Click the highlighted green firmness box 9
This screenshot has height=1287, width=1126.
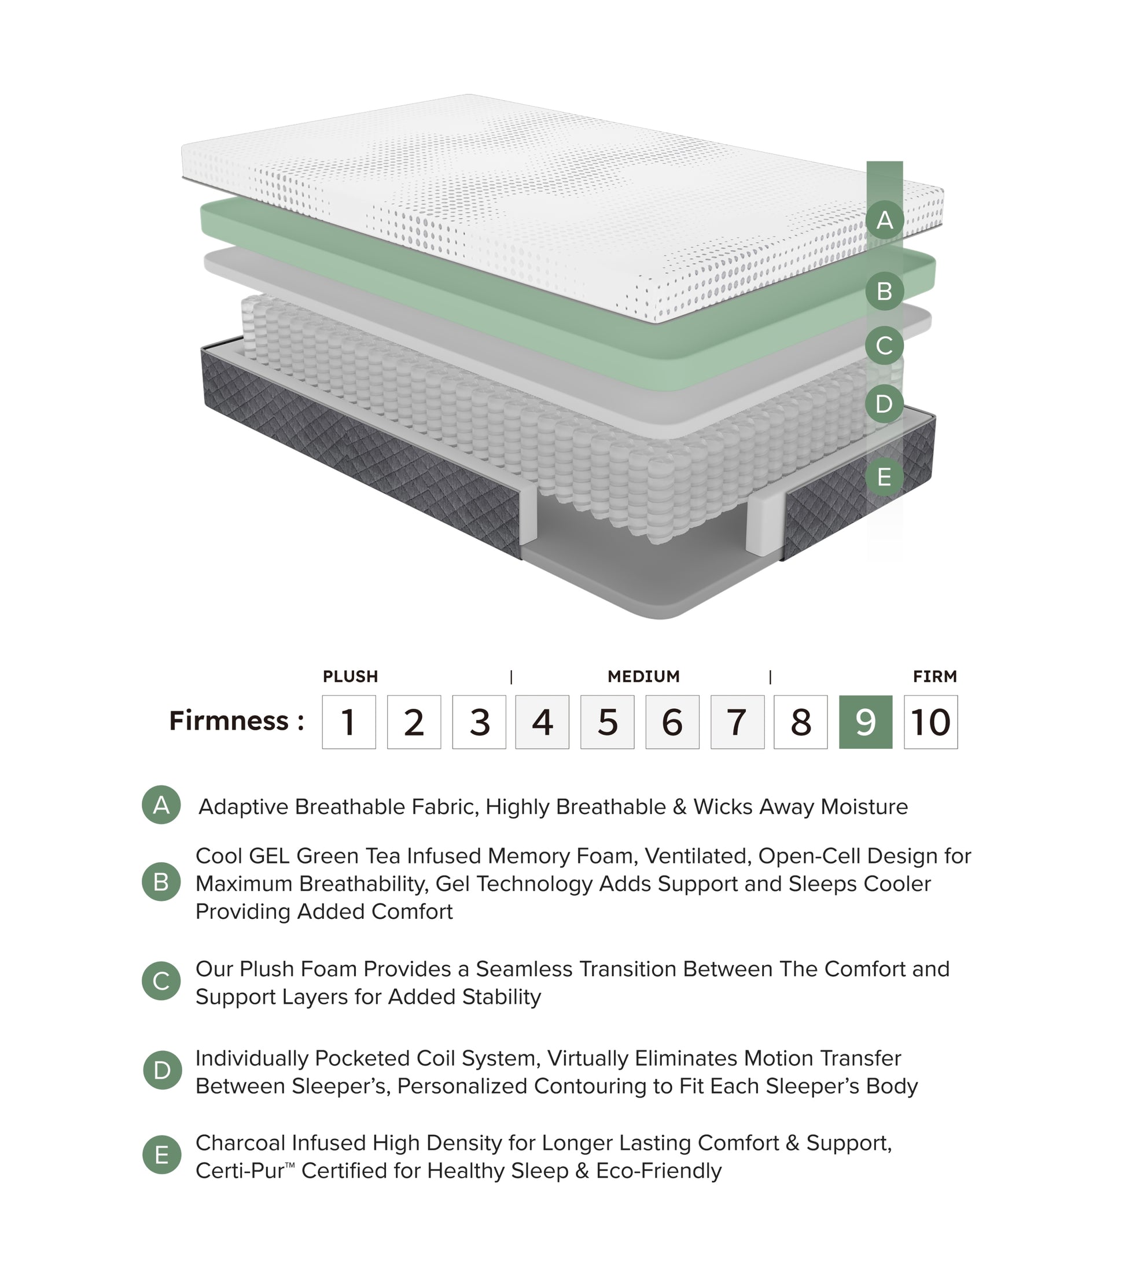tap(865, 722)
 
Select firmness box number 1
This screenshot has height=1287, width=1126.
tap(349, 722)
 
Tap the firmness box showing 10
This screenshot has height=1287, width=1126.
tap(930, 722)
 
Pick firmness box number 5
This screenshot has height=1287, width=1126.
tap(607, 722)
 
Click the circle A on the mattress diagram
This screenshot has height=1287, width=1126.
tap(884, 220)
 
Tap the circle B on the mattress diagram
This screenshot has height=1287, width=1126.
tap(884, 291)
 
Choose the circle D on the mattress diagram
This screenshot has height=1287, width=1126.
tap(884, 403)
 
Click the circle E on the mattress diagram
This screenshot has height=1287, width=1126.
tap(884, 477)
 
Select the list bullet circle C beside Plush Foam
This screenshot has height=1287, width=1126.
tap(161, 980)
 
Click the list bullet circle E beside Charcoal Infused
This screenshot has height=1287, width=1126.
tap(161, 1155)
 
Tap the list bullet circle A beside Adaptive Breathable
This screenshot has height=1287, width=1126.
tap(161, 804)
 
